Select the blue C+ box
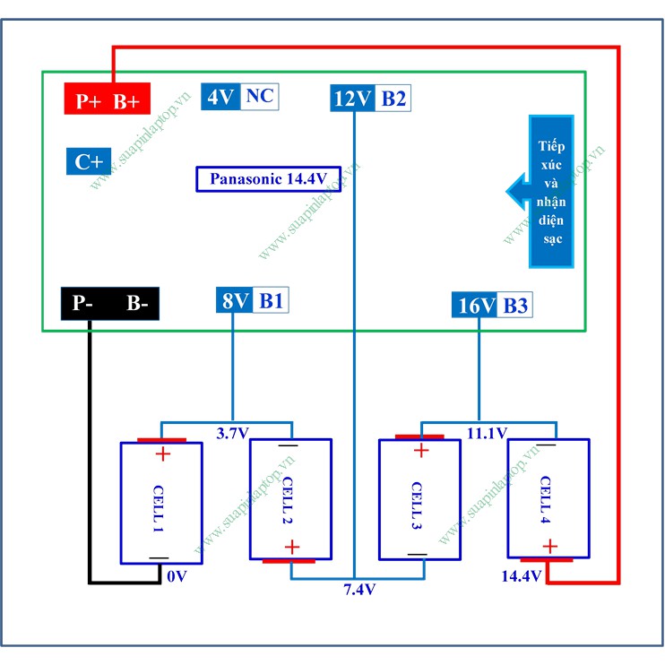[x=89, y=161]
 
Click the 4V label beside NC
[x=220, y=96]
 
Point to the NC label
[x=260, y=96]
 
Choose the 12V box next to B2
[x=352, y=98]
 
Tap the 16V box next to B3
[x=475, y=306]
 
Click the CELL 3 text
[x=417, y=506]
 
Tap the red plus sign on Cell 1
[x=162, y=453]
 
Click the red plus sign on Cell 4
[x=549, y=545]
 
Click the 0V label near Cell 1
[x=176, y=575]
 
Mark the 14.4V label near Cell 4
[x=521, y=575]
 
